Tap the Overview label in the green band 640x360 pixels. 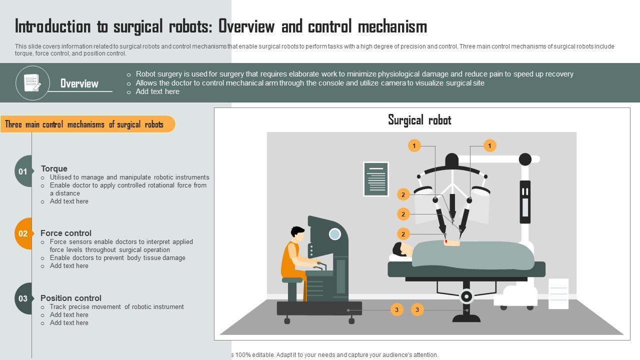tap(79, 83)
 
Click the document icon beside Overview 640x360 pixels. tap(32, 83)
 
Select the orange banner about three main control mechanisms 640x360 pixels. tap(87, 124)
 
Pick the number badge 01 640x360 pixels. tap(23, 171)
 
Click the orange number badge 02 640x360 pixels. tap(23, 233)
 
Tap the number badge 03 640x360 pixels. tap(23, 298)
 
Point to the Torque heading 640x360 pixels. tap(54, 168)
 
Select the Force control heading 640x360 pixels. tap(66, 233)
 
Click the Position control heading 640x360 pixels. tap(71, 298)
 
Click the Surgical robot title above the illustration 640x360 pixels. tap(419, 120)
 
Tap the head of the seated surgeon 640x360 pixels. tap(297, 233)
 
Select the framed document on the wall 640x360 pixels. tap(376, 178)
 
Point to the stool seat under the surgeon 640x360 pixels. tap(292, 280)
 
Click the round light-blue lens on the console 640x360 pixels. tap(334, 233)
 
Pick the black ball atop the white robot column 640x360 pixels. tap(525, 159)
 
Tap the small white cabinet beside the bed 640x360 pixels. tap(558, 293)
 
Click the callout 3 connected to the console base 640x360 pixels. tap(396, 310)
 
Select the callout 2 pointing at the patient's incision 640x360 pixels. tap(403, 234)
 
